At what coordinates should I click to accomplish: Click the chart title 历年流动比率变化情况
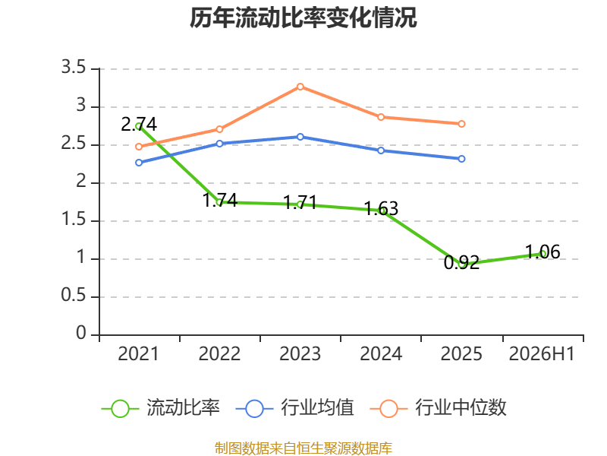click(303, 17)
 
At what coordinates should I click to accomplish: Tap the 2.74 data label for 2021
click(139, 125)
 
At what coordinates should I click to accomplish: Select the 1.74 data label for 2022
click(220, 201)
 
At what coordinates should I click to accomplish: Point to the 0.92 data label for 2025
click(461, 262)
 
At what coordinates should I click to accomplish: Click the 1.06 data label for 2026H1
click(543, 252)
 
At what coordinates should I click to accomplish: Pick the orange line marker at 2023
click(300, 87)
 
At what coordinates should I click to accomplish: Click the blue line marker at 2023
click(300, 137)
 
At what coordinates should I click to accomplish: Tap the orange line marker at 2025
click(461, 124)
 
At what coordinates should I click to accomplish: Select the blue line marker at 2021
click(139, 163)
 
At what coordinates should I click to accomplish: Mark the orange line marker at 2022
click(219, 129)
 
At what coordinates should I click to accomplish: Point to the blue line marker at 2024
click(381, 150)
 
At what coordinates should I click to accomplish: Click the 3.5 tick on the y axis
click(74, 68)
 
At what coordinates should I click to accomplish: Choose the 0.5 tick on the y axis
click(74, 296)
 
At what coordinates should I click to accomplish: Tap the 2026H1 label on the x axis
click(542, 354)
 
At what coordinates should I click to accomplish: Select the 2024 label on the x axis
click(381, 354)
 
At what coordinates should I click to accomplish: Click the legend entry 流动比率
click(160, 408)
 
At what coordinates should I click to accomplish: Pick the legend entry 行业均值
click(294, 408)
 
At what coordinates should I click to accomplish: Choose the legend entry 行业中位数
click(439, 408)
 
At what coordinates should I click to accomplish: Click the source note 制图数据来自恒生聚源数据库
click(303, 448)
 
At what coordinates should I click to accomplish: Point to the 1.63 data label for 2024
click(381, 208)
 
